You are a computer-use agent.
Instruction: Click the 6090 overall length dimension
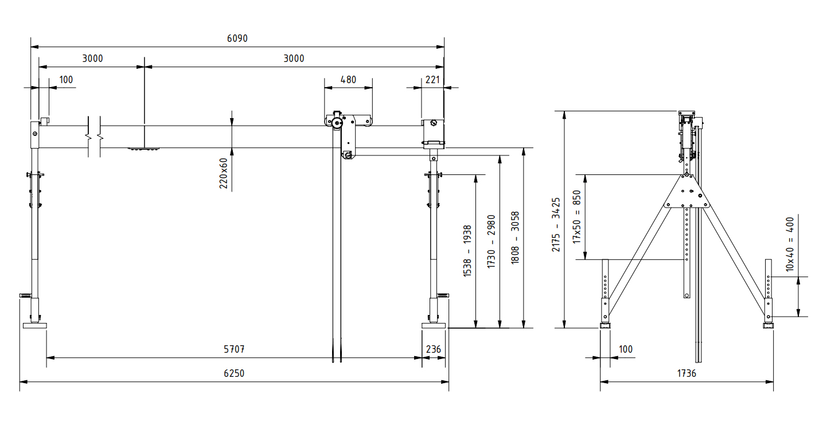click(237, 38)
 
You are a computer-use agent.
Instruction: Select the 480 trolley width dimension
click(348, 80)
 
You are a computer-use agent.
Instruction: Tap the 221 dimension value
click(433, 80)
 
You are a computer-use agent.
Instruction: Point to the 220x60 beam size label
click(224, 173)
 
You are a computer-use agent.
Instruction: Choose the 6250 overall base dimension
click(234, 373)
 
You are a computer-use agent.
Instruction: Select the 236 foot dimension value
click(434, 349)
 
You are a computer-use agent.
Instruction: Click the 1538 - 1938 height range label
click(467, 251)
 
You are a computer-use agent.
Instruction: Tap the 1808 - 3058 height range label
click(515, 237)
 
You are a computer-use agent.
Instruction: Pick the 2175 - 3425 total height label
click(556, 225)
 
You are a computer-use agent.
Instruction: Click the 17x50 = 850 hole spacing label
click(578, 217)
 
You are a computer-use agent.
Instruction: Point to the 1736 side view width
click(686, 373)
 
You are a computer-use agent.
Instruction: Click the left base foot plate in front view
click(34, 326)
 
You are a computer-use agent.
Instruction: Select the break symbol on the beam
click(95, 137)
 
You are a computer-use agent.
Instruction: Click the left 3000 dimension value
click(92, 59)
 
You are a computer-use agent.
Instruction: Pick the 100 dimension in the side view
click(626, 349)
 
